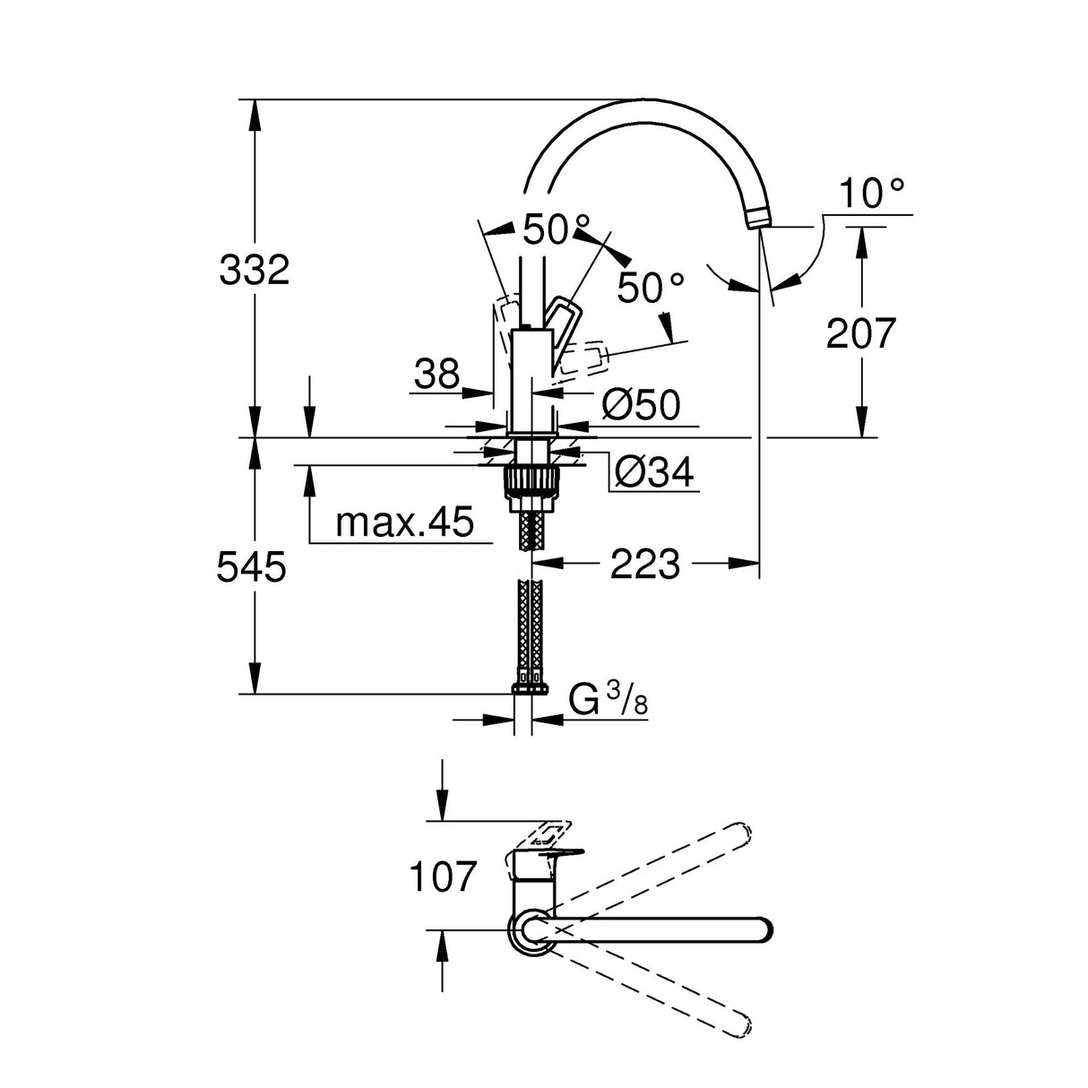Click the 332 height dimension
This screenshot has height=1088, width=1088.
[255, 269]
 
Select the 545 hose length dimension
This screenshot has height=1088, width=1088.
[252, 566]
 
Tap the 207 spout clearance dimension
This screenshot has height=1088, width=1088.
[860, 333]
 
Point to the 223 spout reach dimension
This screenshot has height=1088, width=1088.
[645, 565]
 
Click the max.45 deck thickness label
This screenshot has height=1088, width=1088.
[404, 522]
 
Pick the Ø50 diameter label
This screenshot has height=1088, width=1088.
[641, 405]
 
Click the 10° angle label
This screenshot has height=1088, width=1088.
[872, 193]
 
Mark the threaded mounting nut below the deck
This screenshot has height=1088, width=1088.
[532, 479]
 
